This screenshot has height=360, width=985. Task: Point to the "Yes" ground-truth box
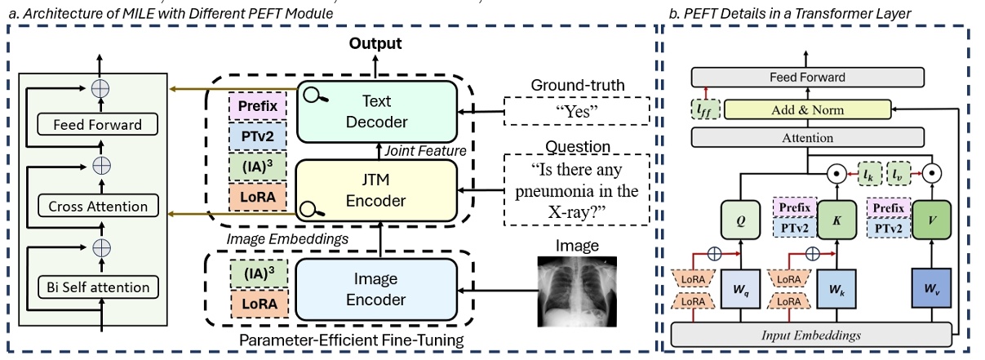click(x=570, y=111)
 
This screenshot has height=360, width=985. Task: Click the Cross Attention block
click(x=97, y=207)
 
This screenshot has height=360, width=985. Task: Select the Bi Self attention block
click(x=97, y=287)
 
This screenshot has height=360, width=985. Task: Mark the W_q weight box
click(x=740, y=289)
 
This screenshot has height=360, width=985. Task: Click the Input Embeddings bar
click(x=811, y=334)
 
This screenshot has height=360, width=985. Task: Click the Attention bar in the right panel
click(x=807, y=138)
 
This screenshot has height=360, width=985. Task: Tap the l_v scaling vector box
click(x=898, y=173)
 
